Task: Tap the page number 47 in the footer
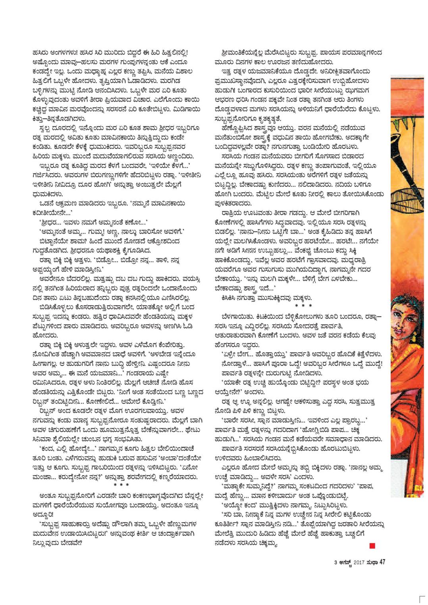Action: coord(383,561)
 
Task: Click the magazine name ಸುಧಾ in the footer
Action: coord(372,561)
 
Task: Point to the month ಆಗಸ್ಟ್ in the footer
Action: coord(343,562)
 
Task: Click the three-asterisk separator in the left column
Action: coord(121,485)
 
